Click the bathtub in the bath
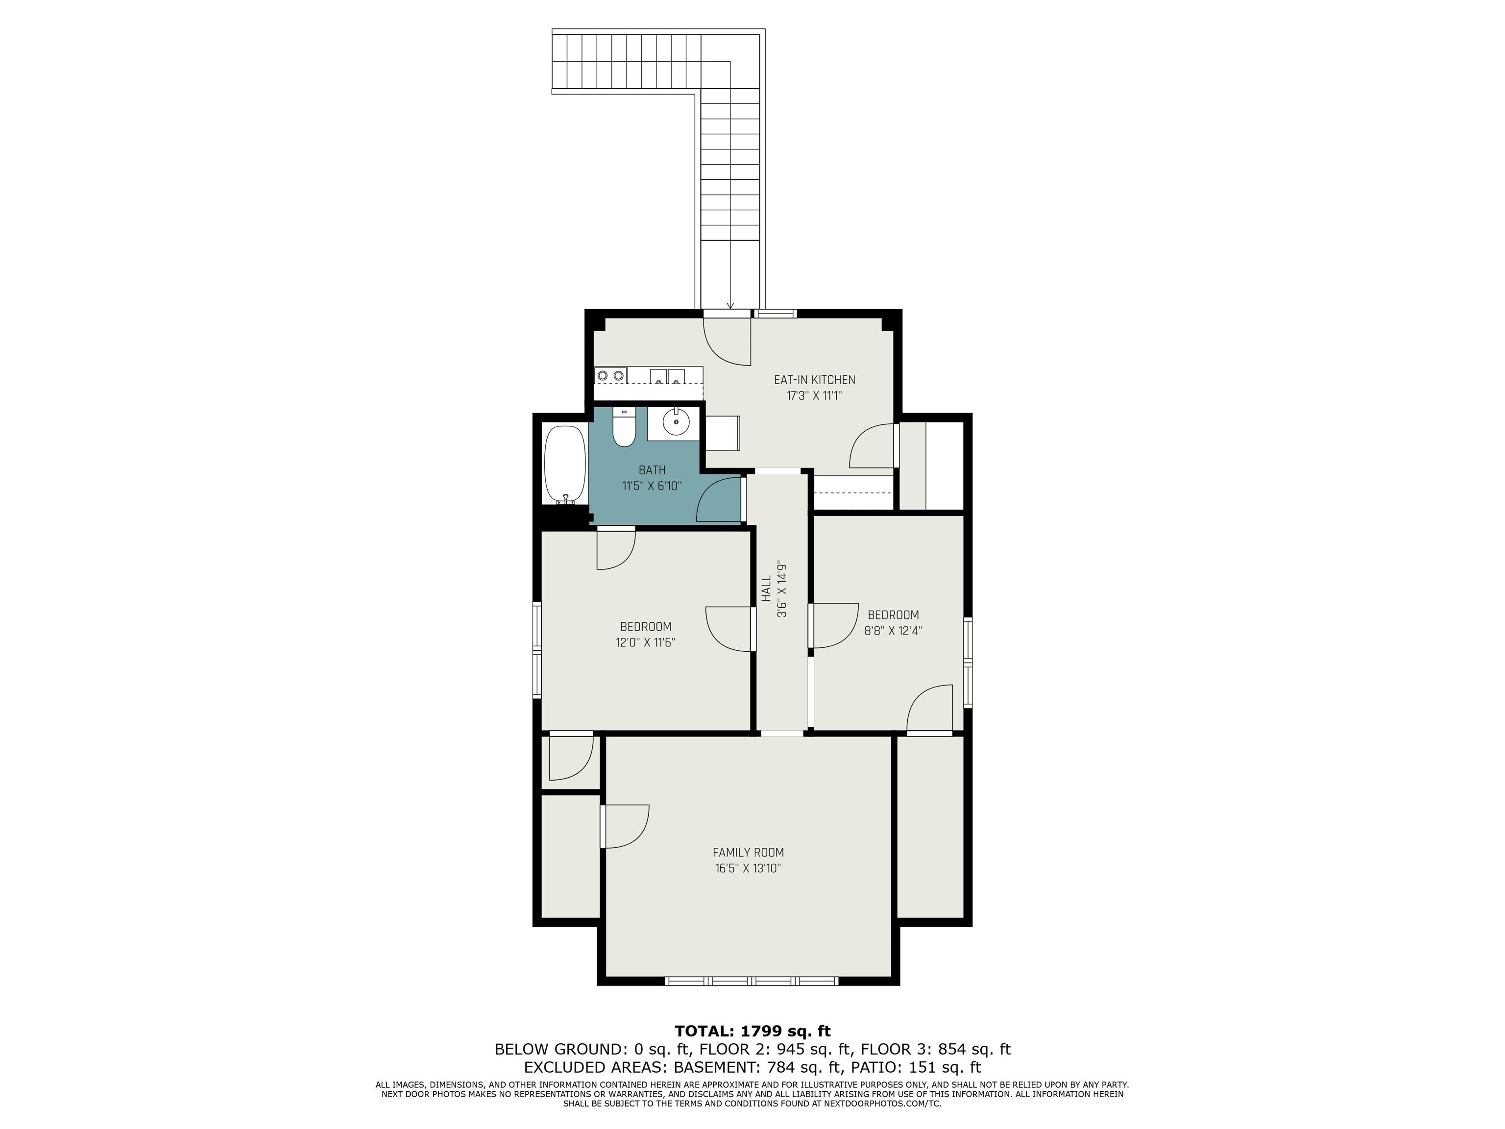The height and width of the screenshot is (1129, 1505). (x=565, y=466)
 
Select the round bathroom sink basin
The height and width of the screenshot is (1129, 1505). (x=676, y=421)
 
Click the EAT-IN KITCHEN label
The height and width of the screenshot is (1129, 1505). (x=814, y=380)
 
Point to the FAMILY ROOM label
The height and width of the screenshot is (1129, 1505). (x=749, y=852)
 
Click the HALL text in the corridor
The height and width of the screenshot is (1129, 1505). (x=767, y=589)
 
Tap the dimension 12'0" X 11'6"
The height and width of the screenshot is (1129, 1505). (x=646, y=642)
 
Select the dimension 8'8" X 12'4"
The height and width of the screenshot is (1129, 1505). (x=893, y=631)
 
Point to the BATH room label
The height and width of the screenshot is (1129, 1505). (x=652, y=469)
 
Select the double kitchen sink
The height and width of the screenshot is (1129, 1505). (x=667, y=376)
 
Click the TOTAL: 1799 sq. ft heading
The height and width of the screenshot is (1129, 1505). (x=752, y=1031)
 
